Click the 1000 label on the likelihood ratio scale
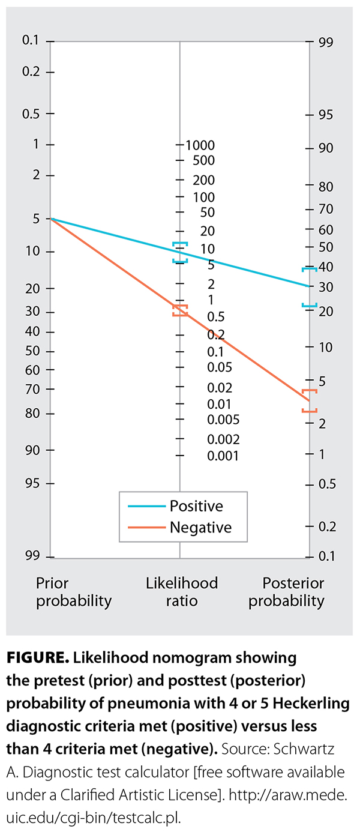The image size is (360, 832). click(200, 145)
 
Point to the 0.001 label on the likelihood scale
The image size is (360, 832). click(223, 456)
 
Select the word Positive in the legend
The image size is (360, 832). click(196, 506)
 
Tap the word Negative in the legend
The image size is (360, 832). click(200, 528)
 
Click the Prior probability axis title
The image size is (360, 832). click(74, 591)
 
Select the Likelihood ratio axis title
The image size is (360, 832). click(182, 591)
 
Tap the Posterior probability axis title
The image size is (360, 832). click(286, 591)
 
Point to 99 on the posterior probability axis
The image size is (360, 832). click(326, 42)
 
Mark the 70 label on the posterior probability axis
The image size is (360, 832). click(326, 210)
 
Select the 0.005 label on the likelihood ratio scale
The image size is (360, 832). click(223, 419)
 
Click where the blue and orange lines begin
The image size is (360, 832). click(51, 219)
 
